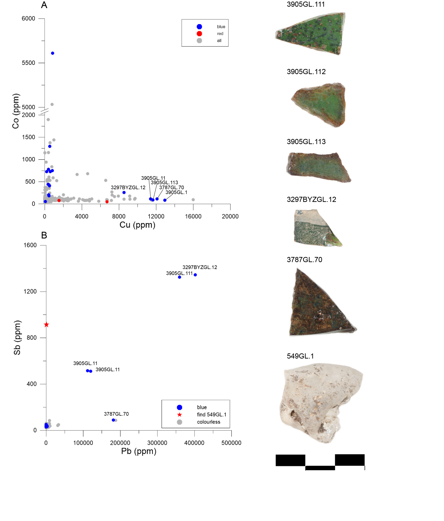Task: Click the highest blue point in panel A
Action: (53, 53)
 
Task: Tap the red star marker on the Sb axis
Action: (46, 325)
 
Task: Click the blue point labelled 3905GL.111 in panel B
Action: (179, 277)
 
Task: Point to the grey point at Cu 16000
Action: (193, 200)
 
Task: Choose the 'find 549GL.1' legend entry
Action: (211, 415)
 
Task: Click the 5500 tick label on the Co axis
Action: (28, 63)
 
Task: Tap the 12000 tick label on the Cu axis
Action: (156, 216)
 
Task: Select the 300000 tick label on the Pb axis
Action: (157, 443)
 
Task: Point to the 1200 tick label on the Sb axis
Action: (30, 291)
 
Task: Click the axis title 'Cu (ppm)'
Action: (137, 225)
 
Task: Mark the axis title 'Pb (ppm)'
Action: (139, 451)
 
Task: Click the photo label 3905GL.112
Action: (306, 72)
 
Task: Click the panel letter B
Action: (44, 235)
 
